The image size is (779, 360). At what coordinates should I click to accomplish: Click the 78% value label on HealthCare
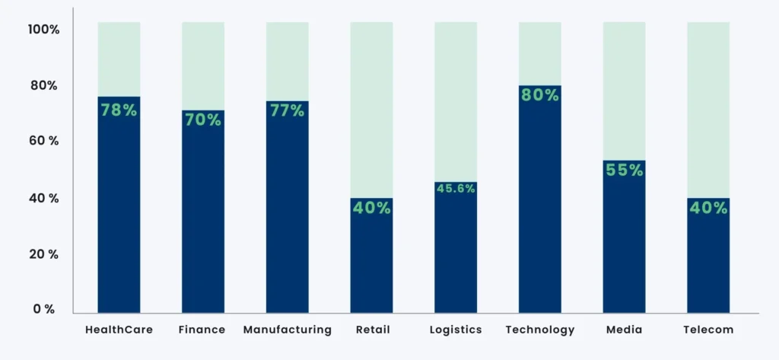(119, 110)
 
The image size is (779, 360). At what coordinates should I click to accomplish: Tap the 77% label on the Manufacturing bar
(287, 111)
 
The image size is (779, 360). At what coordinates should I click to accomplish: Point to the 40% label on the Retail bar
(371, 208)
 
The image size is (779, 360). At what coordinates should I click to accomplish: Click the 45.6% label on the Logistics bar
(455, 189)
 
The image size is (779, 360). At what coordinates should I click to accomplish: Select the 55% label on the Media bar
(624, 170)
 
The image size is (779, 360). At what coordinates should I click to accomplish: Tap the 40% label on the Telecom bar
(708, 208)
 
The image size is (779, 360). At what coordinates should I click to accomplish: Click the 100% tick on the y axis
(43, 30)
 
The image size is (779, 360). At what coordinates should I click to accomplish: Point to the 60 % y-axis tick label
(43, 142)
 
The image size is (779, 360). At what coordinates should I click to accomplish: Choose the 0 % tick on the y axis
(43, 309)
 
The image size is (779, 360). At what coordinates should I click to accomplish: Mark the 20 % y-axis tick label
(43, 253)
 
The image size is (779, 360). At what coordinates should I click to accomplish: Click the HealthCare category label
(119, 330)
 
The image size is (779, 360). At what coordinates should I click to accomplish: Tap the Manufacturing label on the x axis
(287, 330)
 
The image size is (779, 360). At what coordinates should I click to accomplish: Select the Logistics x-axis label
(455, 330)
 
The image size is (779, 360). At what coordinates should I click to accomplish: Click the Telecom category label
(708, 330)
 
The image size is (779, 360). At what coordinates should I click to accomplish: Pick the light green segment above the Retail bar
(371, 110)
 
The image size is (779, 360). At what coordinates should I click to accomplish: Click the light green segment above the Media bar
(624, 91)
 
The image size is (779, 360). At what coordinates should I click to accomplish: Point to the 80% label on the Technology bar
(539, 96)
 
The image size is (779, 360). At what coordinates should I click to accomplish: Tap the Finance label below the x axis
(202, 330)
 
